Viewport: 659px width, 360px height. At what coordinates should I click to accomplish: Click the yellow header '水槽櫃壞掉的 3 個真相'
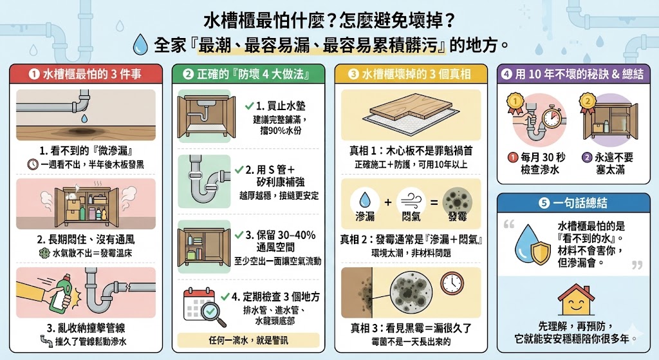(x=410, y=74)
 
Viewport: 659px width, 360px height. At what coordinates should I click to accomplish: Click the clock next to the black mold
(x=452, y=283)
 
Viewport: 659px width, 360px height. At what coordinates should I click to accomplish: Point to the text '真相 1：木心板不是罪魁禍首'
(x=411, y=151)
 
